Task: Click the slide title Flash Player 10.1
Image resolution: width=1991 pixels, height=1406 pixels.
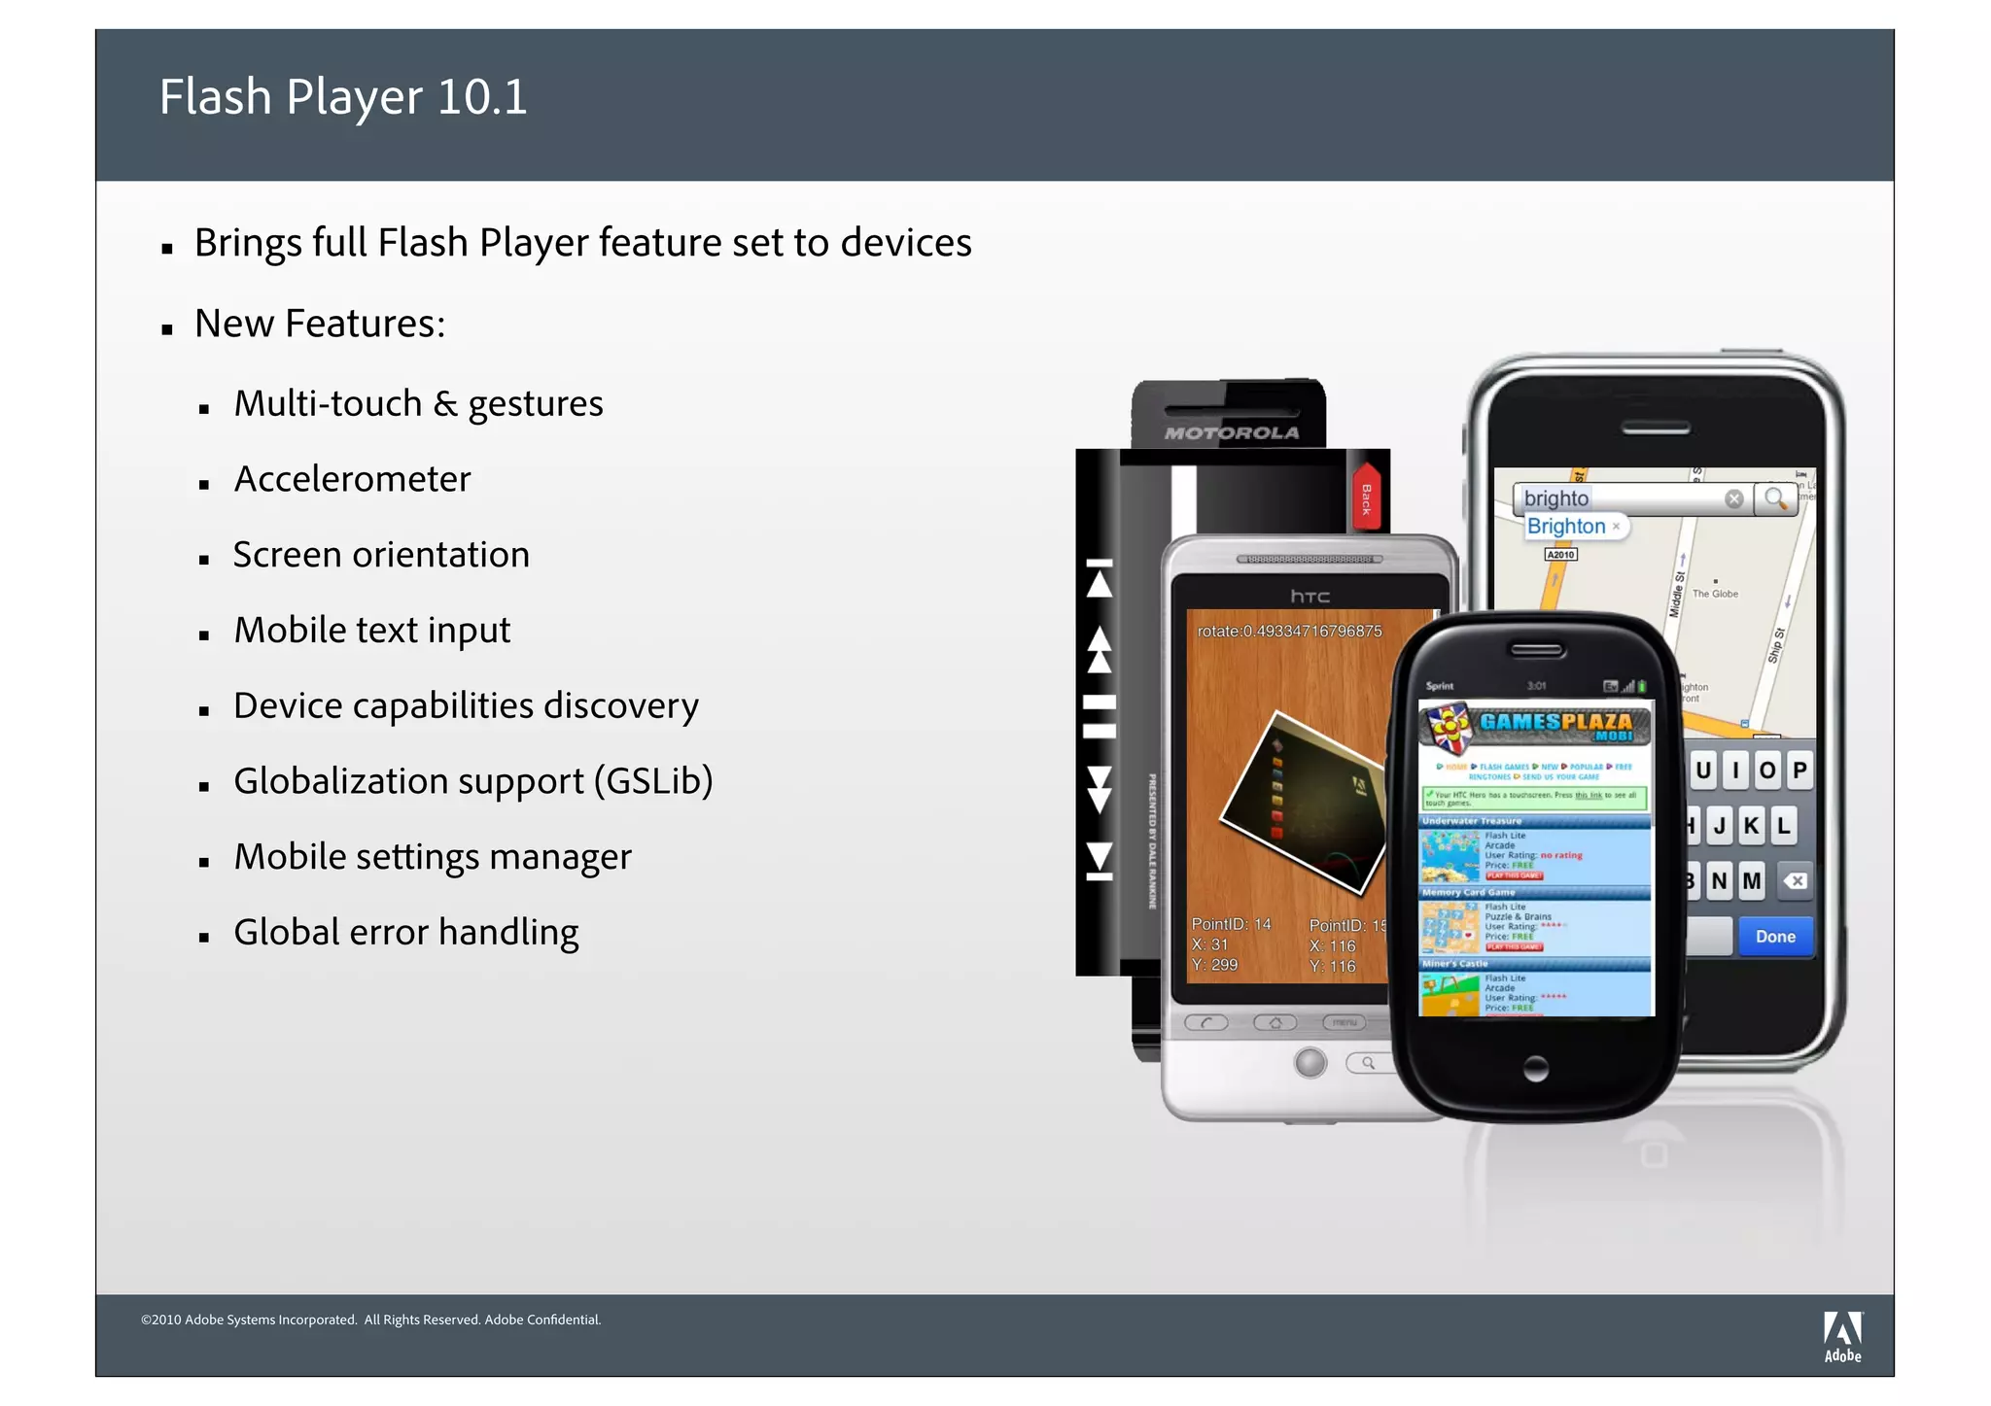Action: (x=343, y=97)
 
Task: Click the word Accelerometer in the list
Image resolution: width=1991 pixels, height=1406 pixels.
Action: (x=352, y=479)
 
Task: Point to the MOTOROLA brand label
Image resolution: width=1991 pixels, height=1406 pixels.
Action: (x=1232, y=432)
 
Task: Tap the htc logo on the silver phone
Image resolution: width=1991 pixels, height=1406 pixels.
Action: (x=1310, y=596)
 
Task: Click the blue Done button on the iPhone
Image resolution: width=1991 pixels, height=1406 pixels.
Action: (x=1774, y=937)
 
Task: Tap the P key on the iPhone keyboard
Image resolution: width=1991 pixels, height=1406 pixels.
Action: (x=1799, y=771)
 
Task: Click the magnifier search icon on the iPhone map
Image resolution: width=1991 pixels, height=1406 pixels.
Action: (x=1775, y=498)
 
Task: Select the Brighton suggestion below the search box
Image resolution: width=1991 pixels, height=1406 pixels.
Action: (x=1566, y=526)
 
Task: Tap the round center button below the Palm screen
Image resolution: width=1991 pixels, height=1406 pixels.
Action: (x=1536, y=1069)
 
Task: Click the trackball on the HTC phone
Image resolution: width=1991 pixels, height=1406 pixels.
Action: (x=1310, y=1062)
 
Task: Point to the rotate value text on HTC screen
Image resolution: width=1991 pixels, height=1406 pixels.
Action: (x=1288, y=631)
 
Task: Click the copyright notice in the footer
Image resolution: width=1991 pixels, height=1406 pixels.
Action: (x=370, y=1320)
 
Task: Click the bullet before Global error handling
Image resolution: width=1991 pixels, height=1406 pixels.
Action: (x=204, y=938)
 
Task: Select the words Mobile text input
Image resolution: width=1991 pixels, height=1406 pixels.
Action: (x=371, y=631)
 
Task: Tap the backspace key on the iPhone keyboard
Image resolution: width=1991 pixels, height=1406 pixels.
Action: (x=1795, y=881)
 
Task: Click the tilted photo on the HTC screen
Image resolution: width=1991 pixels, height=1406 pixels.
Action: (x=1303, y=803)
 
